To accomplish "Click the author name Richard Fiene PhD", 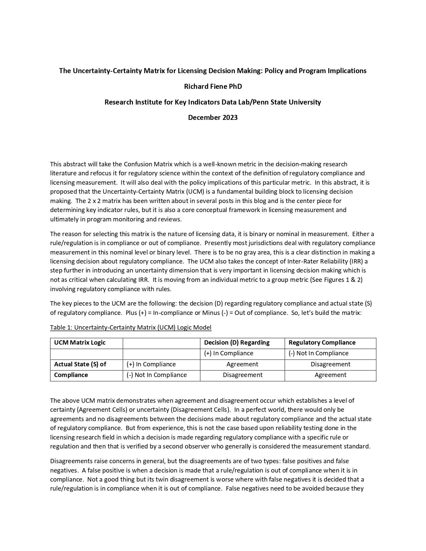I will (x=213, y=86).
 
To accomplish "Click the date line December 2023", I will (x=213, y=118).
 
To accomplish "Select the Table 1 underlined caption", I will (x=131, y=327).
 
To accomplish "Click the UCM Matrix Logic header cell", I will (x=80, y=343).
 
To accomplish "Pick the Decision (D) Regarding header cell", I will (x=237, y=343).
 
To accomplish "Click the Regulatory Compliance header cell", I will (x=322, y=343).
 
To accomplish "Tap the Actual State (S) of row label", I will (x=80, y=364).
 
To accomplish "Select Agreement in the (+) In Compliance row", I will (x=242, y=364).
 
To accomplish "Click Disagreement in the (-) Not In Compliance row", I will (x=243, y=375).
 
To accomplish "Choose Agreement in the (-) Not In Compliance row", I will (x=330, y=375).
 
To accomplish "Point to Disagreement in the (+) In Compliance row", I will (x=330, y=364).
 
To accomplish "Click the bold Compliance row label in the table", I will (x=71, y=375).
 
